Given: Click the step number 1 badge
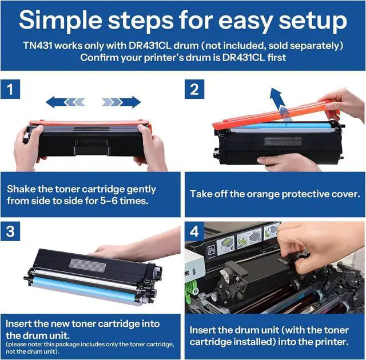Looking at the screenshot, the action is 10,89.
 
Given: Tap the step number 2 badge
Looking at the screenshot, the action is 194,89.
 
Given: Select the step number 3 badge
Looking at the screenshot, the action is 10,231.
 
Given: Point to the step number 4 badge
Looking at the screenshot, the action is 194,231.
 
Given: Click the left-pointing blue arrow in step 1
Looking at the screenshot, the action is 65,102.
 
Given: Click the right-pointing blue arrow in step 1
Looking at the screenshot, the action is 121,102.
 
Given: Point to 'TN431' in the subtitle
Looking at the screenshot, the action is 38,46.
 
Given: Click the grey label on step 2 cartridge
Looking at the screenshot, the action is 283,141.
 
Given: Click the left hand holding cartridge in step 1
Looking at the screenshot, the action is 29,146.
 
